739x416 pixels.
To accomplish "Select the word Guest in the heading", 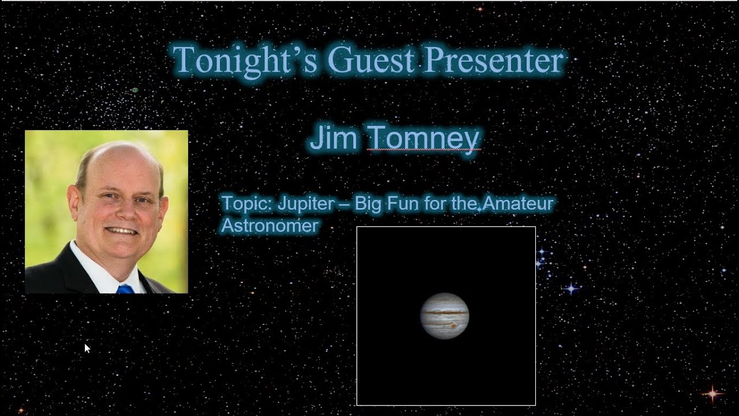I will pos(369,60).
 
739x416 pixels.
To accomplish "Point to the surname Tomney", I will pos(423,139).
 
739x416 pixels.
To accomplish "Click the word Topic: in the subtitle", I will pos(247,204).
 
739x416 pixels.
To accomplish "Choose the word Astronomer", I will pos(270,225).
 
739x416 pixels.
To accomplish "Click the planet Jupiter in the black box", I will pos(445,315).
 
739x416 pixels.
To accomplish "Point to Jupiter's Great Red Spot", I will pos(454,325).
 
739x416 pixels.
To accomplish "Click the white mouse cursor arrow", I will pos(87,347).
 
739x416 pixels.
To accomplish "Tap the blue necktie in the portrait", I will pos(125,289).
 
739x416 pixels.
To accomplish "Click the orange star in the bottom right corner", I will pos(712,393).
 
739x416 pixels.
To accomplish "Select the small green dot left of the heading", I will pos(135,90).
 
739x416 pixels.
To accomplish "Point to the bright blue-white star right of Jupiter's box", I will pos(571,288).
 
